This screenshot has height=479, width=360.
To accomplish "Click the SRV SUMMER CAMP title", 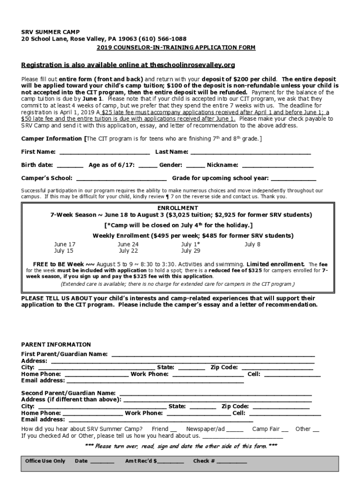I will coord(50,32).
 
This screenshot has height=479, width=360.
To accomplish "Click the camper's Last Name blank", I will coord(251,152).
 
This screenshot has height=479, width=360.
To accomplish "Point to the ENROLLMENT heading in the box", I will coord(178,208).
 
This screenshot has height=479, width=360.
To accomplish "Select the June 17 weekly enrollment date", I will coord(65,245).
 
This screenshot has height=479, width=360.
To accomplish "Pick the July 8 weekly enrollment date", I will coord(252,245).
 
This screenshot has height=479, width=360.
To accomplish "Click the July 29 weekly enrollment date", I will coord(190,251).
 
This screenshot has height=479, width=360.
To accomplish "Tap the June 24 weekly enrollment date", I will coord(128,245).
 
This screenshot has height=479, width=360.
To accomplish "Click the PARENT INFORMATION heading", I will coord(56,345).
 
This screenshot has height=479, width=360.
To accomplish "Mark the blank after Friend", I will coord(173,429).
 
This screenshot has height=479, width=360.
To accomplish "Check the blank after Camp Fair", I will coord(285,429).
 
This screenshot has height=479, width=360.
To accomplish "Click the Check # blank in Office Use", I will coord(231,462).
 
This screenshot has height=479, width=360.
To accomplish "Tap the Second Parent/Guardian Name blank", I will coord(216,393).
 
